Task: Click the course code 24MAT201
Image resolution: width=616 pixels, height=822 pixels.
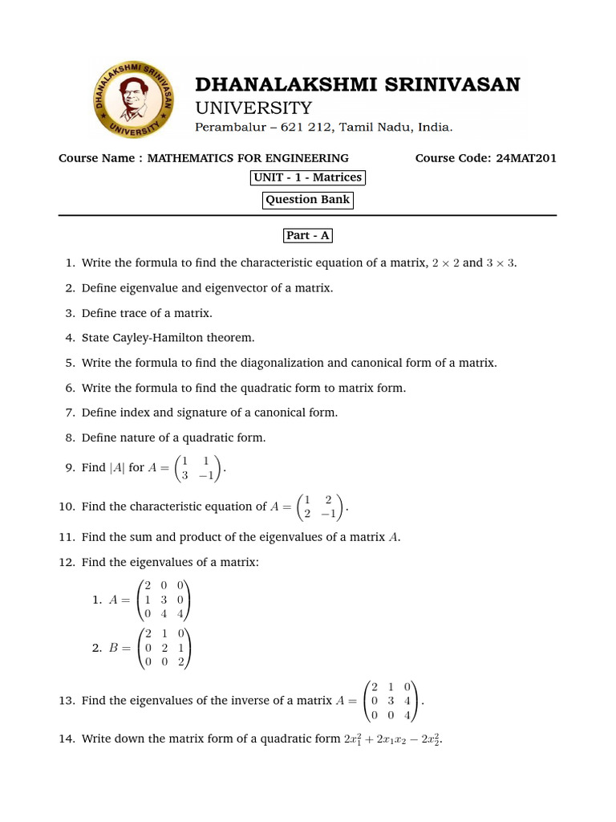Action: pos(526,158)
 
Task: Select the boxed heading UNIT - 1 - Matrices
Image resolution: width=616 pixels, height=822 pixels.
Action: pos(307,177)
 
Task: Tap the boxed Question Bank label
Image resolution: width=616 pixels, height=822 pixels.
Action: pos(307,200)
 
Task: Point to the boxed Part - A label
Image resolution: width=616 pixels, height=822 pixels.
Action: pos(307,236)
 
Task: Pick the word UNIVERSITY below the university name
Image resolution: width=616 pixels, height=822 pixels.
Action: pos(254,108)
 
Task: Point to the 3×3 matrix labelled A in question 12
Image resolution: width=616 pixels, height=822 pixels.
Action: pos(164,600)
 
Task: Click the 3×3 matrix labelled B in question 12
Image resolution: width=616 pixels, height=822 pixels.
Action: pos(164,649)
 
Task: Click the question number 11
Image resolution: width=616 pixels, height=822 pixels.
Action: pos(67,537)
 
